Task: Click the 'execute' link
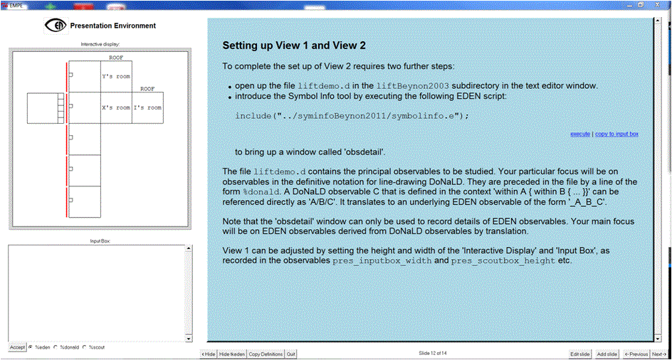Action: click(x=580, y=134)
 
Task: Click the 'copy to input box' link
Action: click(x=616, y=134)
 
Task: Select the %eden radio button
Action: click(x=31, y=347)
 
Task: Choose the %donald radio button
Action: click(x=56, y=347)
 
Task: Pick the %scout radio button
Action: click(x=85, y=347)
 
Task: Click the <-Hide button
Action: click(x=209, y=354)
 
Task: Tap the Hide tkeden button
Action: click(x=232, y=354)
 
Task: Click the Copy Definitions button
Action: click(x=266, y=354)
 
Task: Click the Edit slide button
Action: click(x=581, y=354)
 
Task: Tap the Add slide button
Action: click(x=607, y=354)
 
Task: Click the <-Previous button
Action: click(x=636, y=354)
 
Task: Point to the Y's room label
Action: click(x=116, y=77)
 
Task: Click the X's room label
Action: click(x=116, y=108)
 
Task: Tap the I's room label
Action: click(x=147, y=108)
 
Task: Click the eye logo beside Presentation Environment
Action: click(x=56, y=26)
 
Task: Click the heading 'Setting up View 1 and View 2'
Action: click(x=294, y=46)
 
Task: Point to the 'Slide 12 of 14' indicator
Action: click(x=433, y=353)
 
